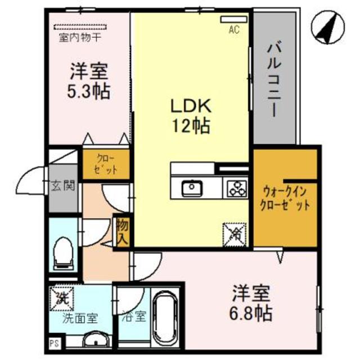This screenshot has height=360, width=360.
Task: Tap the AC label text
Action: tap(233, 30)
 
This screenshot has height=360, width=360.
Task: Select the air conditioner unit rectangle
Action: tap(233, 20)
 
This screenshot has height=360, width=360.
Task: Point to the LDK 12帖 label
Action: tap(191, 115)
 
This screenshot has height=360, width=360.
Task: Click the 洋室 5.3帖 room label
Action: tap(89, 82)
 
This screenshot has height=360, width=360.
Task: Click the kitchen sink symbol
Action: tap(193, 187)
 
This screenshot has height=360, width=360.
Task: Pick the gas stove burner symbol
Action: tap(237, 187)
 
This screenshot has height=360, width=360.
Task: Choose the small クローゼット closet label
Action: tap(106, 164)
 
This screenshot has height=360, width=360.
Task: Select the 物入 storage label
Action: tap(123, 231)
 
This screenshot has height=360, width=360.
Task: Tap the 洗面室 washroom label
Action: tap(79, 317)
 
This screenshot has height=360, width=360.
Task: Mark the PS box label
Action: tap(54, 342)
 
